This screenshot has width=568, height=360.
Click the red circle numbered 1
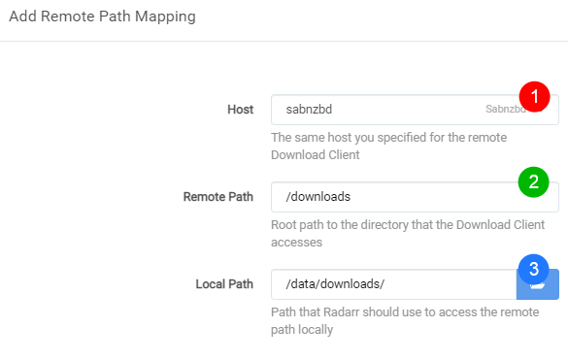coord(534,97)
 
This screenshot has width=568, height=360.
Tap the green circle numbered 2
coord(534,181)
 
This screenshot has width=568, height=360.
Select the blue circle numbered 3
coord(534,269)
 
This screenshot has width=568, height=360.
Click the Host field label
coord(240,110)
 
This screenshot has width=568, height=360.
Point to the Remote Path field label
coord(218,197)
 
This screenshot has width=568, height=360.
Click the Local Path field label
coord(224,284)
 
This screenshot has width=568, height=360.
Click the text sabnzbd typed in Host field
coord(309,109)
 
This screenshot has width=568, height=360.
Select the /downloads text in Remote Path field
coord(318,196)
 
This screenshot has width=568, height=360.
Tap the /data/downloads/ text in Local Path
coord(335,283)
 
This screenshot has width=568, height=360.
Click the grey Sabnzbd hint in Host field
coord(504,109)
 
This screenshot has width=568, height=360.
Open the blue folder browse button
coord(538,284)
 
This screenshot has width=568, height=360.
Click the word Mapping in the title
coord(165,16)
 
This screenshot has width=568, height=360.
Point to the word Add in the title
coord(22,16)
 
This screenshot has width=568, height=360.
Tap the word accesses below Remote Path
coord(297,243)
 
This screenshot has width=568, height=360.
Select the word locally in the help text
coord(316,330)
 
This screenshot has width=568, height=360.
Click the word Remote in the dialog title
coord(68,16)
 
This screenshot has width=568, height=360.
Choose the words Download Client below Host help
coord(316,154)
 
